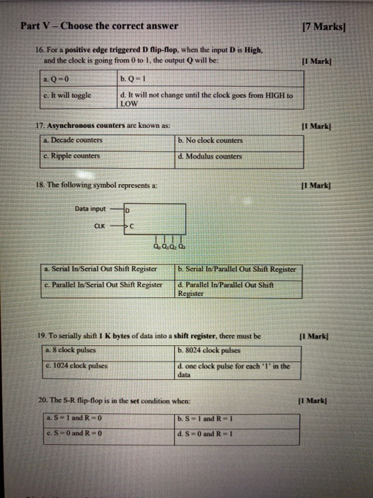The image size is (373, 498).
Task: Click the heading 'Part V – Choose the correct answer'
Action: point(99,26)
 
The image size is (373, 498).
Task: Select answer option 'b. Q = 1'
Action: point(132,79)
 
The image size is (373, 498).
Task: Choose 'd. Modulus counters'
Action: point(211,156)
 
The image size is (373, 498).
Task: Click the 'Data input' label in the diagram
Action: point(90,208)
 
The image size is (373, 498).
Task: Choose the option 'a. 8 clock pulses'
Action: point(72,350)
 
